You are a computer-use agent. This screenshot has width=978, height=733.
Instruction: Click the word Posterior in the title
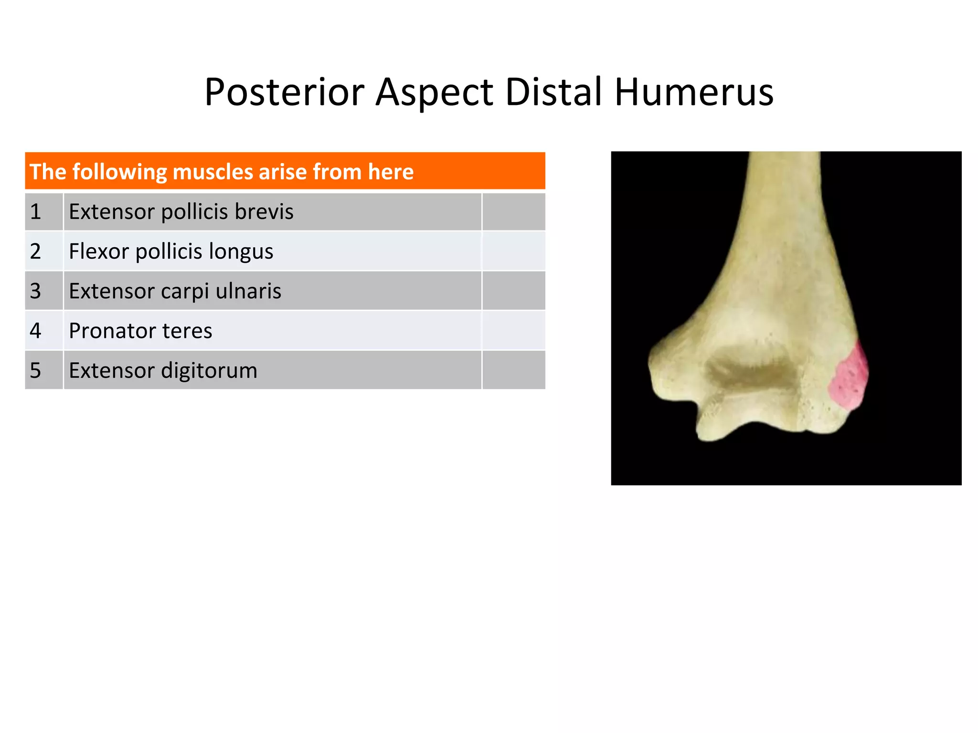pyautogui.click(x=285, y=92)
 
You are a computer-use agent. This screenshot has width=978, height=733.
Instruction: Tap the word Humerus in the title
pyautogui.click(x=693, y=92)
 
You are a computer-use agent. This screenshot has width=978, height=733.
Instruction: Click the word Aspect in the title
pyautogui.click(x=434, y=92)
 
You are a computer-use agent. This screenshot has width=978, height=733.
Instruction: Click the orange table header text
pyautogui.click(x=222, y=171)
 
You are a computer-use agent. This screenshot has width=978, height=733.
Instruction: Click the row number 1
pyautogui.click(x=36, y=212)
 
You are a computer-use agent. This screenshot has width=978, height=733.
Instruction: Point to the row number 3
pyautogui.click(x=36, y=291)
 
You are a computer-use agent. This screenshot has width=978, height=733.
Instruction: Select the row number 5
pyautogui.click(x=36, y=370)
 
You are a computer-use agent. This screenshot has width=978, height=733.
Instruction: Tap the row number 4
pyautogui.click(x=36, y=331)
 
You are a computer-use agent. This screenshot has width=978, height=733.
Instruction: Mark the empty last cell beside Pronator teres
pyautogui.click(x=513, y=331)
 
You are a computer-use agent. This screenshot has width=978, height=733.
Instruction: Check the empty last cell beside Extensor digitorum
pyautogui.click(x=513, y=370)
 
